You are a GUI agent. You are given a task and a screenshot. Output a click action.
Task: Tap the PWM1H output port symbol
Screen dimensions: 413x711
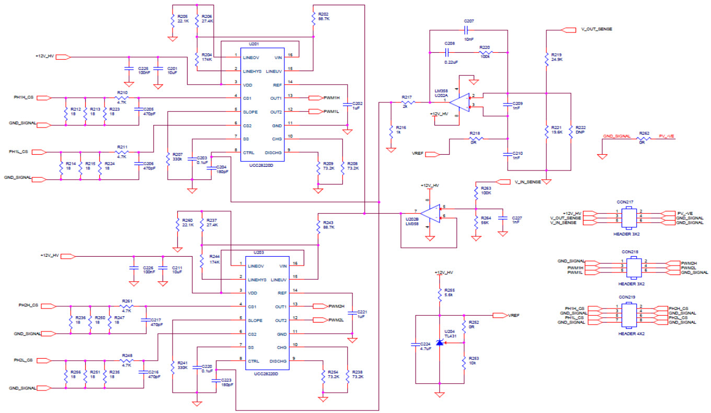(316, 98)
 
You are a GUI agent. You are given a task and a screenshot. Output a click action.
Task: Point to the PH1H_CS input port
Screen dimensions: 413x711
(45, 98)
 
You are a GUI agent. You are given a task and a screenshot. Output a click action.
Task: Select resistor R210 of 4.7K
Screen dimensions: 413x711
(122, 98)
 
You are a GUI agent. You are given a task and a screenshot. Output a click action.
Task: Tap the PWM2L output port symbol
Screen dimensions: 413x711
(319, 320)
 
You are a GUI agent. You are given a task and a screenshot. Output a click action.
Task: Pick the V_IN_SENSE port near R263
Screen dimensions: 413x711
(501, 182)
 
